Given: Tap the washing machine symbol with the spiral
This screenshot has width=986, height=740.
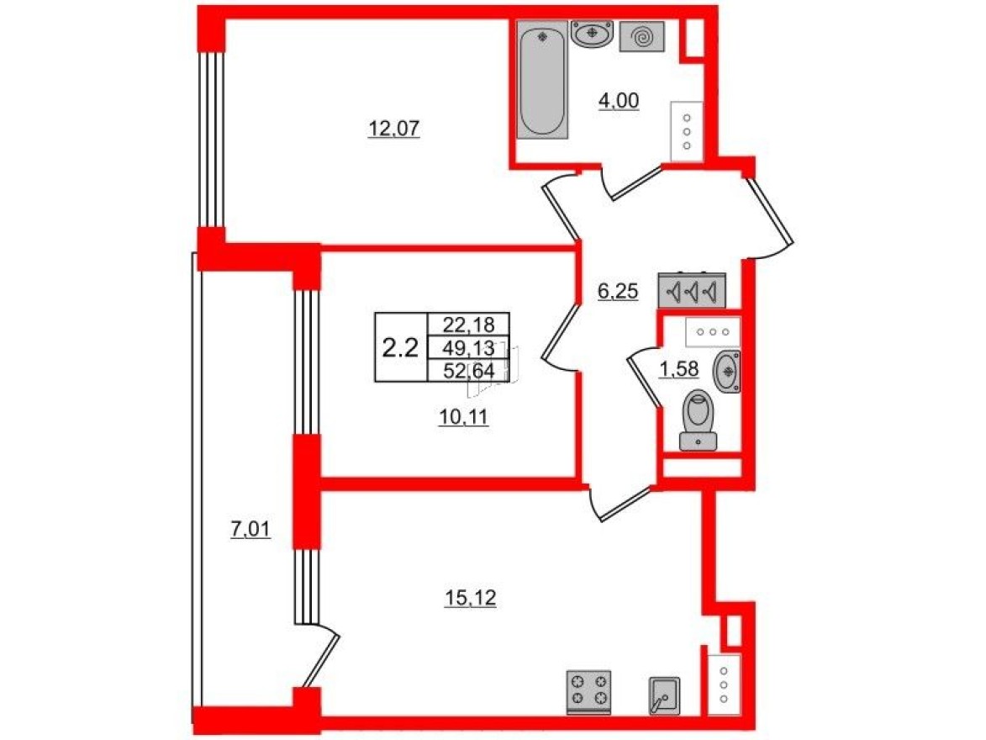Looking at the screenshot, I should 641,37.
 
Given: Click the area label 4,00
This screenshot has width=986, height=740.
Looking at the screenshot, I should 619,102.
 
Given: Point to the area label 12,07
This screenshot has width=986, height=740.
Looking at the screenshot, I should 393,129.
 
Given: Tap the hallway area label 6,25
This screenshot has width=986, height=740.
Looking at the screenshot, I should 618,292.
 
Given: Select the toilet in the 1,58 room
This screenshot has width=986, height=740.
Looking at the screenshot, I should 698,419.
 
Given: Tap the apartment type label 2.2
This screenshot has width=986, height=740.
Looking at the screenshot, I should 400,347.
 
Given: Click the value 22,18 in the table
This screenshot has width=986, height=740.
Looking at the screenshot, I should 469,323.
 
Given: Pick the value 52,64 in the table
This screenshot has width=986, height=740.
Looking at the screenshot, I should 469,369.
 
